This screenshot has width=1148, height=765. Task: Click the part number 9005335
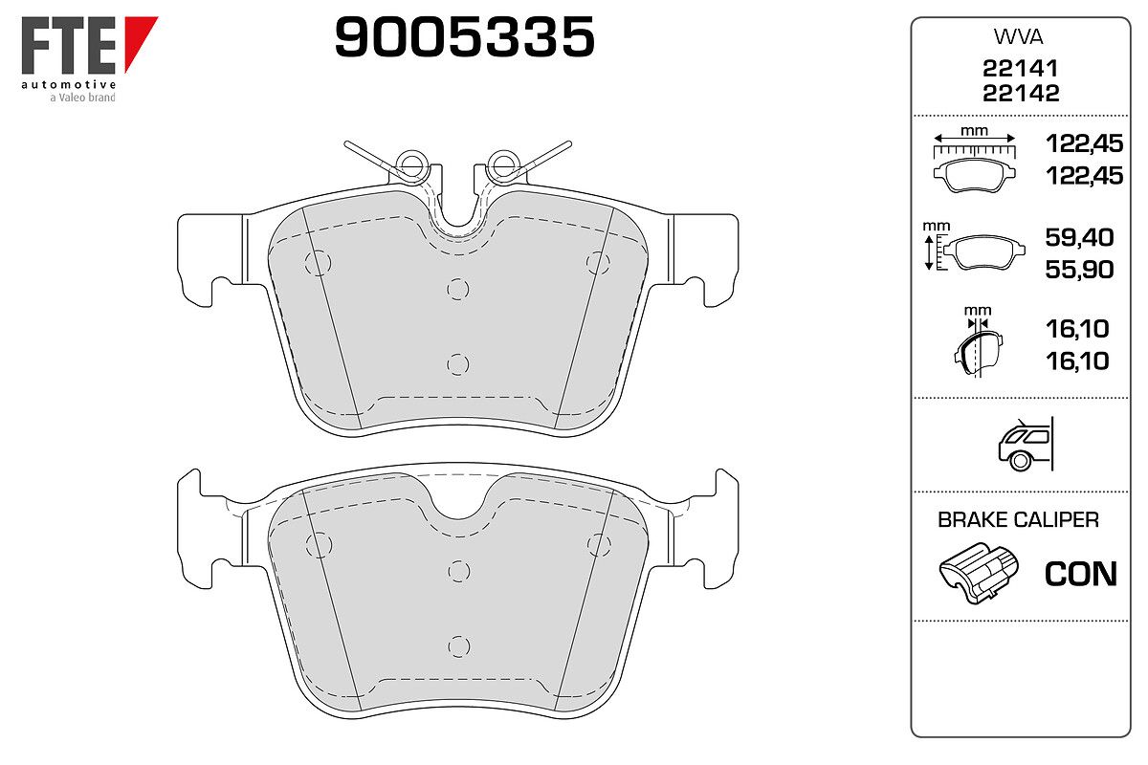pos(464,36)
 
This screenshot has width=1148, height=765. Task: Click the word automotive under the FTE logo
pos(69,84)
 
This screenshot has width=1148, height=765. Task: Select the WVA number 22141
pos(1020,68)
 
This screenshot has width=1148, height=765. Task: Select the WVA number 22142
pos(1021,93)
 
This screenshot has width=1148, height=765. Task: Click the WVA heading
pos(1018,37)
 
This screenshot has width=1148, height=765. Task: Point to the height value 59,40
pos(1079,237)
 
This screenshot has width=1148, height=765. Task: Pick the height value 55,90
pos(1079,270)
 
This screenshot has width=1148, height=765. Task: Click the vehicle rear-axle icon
pos(1026,445)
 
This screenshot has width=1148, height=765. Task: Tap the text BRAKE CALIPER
pos(1018,519)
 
